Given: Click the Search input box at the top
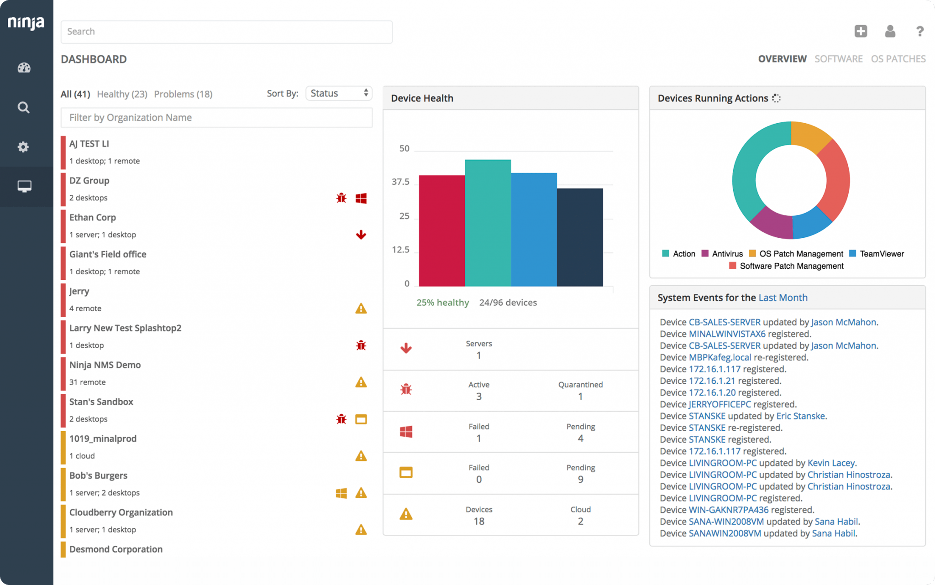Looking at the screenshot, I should click(x=226, y=31).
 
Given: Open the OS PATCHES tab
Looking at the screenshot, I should click(x=898, y=59).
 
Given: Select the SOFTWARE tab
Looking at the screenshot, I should click(x=838, y=59).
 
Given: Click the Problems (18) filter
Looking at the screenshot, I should click(x=183, y=94).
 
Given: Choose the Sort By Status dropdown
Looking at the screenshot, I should click(x=339, y=93).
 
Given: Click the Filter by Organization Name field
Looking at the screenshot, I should click(x=216, y=118).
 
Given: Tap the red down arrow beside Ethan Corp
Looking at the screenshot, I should click(x=361, y=235).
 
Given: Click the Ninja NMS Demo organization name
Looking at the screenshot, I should click(x=105, y=365).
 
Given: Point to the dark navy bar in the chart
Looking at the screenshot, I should click(x=580, y=237).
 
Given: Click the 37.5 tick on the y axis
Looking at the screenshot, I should click(x=400, y=182).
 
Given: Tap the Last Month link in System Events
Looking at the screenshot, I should click(x=783, y=298).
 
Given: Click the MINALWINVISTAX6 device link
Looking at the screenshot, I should click(x=727, y=334).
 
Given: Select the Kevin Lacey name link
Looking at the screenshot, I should click(x=831, y=463).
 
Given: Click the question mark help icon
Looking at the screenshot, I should click(x=919, y=31).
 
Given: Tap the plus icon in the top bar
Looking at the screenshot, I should click(x=861, y=31).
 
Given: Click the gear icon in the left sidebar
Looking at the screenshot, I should click(x=23, y=147).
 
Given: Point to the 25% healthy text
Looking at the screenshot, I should click(x=442, y=303).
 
